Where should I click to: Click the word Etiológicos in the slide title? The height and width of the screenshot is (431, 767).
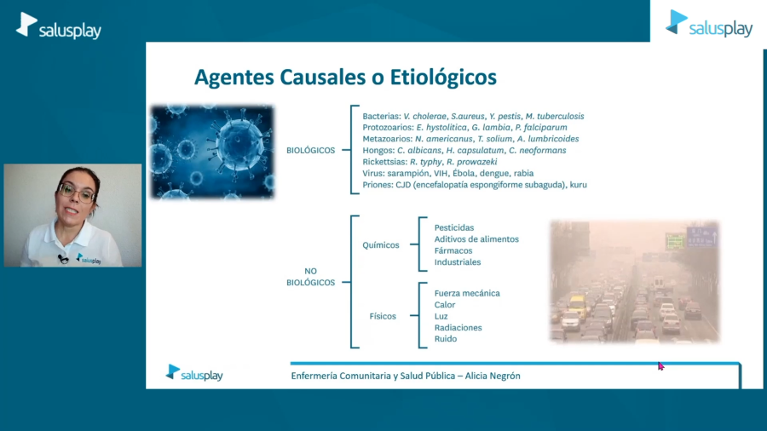click(443, 78)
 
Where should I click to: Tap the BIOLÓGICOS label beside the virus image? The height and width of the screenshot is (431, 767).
click(310, 151)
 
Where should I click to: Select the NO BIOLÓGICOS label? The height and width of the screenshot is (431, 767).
click(310, 277)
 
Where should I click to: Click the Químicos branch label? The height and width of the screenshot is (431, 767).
click(381, 245)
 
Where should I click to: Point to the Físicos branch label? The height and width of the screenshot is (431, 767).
click(383, 316)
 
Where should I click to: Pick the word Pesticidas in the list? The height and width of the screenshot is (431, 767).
click(454, 227)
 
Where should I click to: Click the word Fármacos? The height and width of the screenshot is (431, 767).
click(453, 250)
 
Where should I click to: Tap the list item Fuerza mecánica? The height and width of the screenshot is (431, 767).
click(467, 293)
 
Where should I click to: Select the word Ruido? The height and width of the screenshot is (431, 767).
click(446, 339)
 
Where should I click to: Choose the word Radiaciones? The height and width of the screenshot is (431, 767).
click(458, 327)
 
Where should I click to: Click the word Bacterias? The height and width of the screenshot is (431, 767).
click(382, 117)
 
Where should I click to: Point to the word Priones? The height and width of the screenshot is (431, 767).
click(378, 185)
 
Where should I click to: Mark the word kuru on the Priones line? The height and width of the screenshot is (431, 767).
click(578, 185)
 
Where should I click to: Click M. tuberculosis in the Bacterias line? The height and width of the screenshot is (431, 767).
click(555, 117)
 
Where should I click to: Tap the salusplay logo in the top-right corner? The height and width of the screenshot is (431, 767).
click(709, 24)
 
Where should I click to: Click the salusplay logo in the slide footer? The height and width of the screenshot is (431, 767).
click(194, 373)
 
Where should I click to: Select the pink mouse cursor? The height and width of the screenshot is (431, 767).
click(660, 366)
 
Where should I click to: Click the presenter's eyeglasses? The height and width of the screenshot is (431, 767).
click(77, 192)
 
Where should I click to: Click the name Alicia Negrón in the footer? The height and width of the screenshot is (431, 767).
click(493, 376)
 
